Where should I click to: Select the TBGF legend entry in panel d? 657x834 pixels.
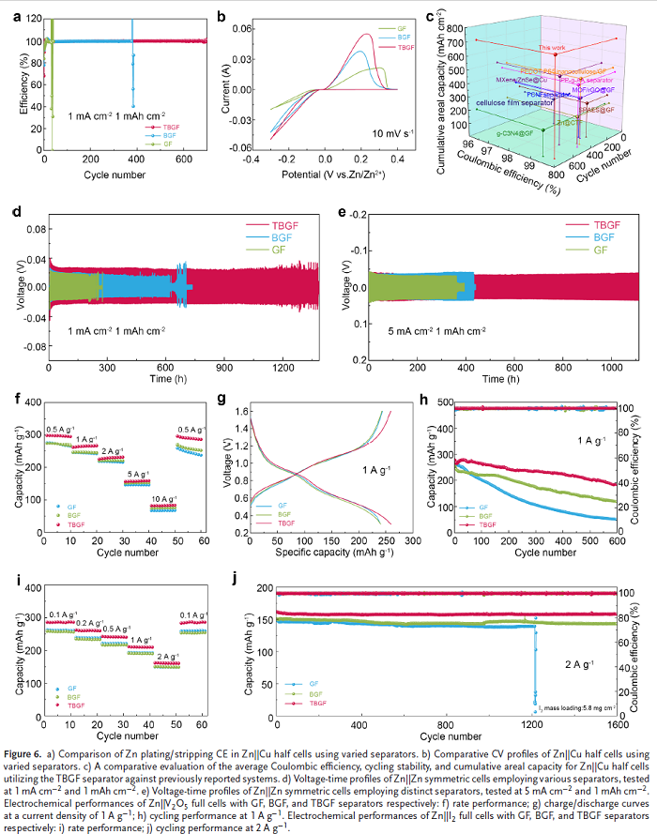(282, 225)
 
